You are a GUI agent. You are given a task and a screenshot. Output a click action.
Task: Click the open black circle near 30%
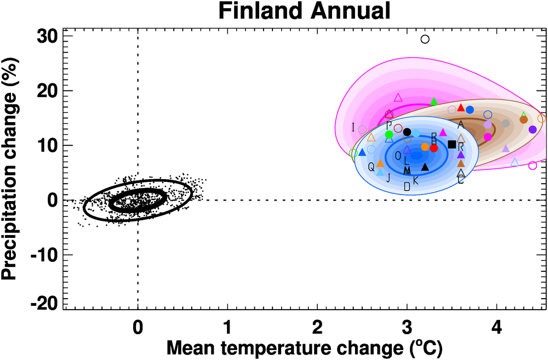coord(425,39)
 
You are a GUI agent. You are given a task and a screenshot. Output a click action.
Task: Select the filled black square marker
coord(452,144)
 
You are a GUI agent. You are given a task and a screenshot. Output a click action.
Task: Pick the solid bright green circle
coord(390,134)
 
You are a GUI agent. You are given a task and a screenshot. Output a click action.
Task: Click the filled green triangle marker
coord(434,101)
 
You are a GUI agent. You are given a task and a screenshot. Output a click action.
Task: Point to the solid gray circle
coord(506,124)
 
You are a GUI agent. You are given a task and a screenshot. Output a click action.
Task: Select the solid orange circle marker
coord(425,147)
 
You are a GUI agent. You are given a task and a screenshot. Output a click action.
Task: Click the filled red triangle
coord(461,107)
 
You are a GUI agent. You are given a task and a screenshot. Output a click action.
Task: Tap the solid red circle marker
coord(434,148)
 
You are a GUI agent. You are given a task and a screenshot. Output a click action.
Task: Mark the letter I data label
coord(353,128)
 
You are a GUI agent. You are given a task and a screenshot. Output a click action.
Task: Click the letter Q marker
coord(371,166)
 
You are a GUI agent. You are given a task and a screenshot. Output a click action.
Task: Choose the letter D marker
coord(407,187)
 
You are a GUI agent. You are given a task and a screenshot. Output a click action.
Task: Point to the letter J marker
coord(389,178)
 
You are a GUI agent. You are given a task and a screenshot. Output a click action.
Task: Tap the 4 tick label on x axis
coord(496,328)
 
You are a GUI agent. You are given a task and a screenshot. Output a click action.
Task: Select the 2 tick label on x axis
coord(317,328)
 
